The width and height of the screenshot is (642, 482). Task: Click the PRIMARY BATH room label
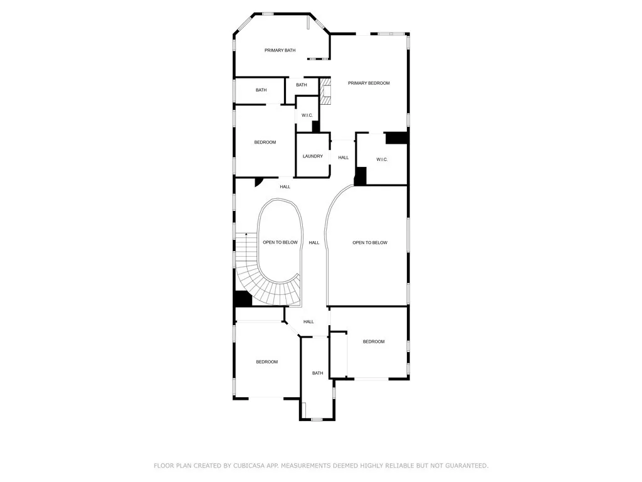(x=280, y=50)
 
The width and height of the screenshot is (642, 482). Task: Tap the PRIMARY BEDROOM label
(x=369, y=83)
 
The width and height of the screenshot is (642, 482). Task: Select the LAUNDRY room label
(x=312, y=156)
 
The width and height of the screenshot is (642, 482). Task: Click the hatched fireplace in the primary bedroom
(x=325, y=91)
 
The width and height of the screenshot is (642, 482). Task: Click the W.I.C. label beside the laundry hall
(x=382, y=159)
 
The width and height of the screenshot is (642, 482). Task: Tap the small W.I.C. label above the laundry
(x=307, y=115)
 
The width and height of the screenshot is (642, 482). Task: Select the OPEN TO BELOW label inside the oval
(x=280, y=242)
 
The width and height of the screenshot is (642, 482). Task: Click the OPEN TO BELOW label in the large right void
(x=370, y=242)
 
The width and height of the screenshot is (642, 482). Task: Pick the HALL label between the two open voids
(x=314, y=242)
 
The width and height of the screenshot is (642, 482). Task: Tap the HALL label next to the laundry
(x=344, y=158)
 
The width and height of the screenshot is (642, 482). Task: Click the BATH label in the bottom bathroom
(x=318, y=373)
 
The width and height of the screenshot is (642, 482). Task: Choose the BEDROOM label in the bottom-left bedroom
(x=266, y=361)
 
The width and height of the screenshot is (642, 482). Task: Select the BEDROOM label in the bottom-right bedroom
(x=374, y=341)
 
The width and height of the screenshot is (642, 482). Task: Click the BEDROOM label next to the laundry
(x=265, y=142)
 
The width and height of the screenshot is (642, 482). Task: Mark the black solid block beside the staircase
(x=243, y=299)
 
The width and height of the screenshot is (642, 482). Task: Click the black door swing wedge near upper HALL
(x=258, y=181)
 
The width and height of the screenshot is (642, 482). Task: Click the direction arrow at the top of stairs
(x=246, y=234)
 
